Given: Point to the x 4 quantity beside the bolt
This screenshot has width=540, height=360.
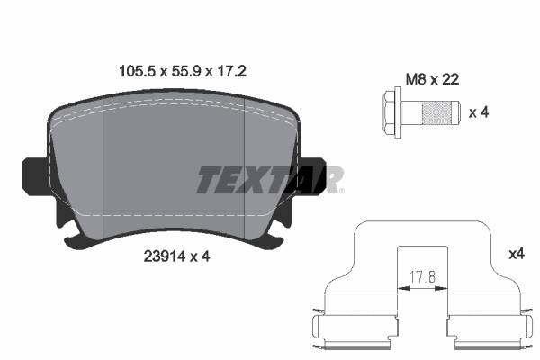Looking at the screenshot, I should pyautogui.click(x=479, y=113).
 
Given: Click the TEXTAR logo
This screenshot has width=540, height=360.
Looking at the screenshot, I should pyautogui.click(x=269, y=179).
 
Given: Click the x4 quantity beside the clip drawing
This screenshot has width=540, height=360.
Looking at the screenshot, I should pyautogui.click(x=516, y=255).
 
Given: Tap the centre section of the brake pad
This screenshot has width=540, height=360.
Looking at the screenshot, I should pyautogui.click(x=175, y=171).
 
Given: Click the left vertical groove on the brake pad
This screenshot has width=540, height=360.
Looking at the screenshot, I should pyautogui.click(x=106, y=171).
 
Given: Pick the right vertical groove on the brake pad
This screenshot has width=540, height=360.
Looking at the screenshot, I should pyautogui.click(x=246, y=171).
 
